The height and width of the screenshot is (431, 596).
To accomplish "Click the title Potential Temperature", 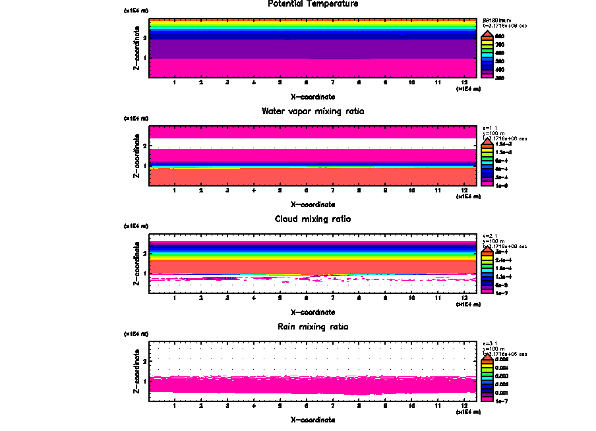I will tap(313, 4).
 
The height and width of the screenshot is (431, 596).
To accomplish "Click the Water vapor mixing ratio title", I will tap(313, 111).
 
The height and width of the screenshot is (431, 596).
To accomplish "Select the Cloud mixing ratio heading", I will tap(313, 219).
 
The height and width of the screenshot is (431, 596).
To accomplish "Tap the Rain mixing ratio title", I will tap(313, 327).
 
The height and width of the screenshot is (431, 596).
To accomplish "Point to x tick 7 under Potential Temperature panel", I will tap(332, 83).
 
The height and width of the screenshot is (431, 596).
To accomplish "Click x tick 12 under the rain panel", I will tap(465, 407).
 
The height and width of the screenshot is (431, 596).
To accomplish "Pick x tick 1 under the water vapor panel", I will tap(174, 191).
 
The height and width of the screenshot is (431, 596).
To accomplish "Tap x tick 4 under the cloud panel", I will tap(254, 299).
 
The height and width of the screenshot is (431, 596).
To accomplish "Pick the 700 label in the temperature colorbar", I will tap(500, 44).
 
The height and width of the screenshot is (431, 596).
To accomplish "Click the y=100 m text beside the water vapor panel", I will tap(494, 134).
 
